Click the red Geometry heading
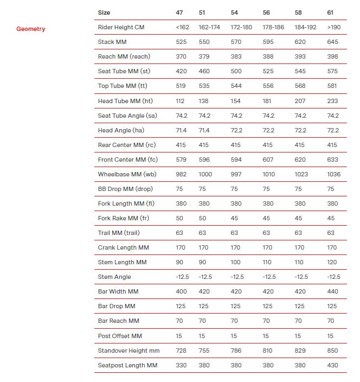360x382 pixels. (31, 29)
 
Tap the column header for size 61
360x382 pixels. (331, 12)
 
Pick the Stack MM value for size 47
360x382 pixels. (181, 42)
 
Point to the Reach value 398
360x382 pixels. (332, 56)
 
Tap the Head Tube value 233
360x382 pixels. (332, 101)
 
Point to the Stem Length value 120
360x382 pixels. (332, 262)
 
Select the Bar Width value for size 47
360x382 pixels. (181, 291)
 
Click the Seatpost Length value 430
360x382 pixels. (332, 365)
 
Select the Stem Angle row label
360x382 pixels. (113, 277)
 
